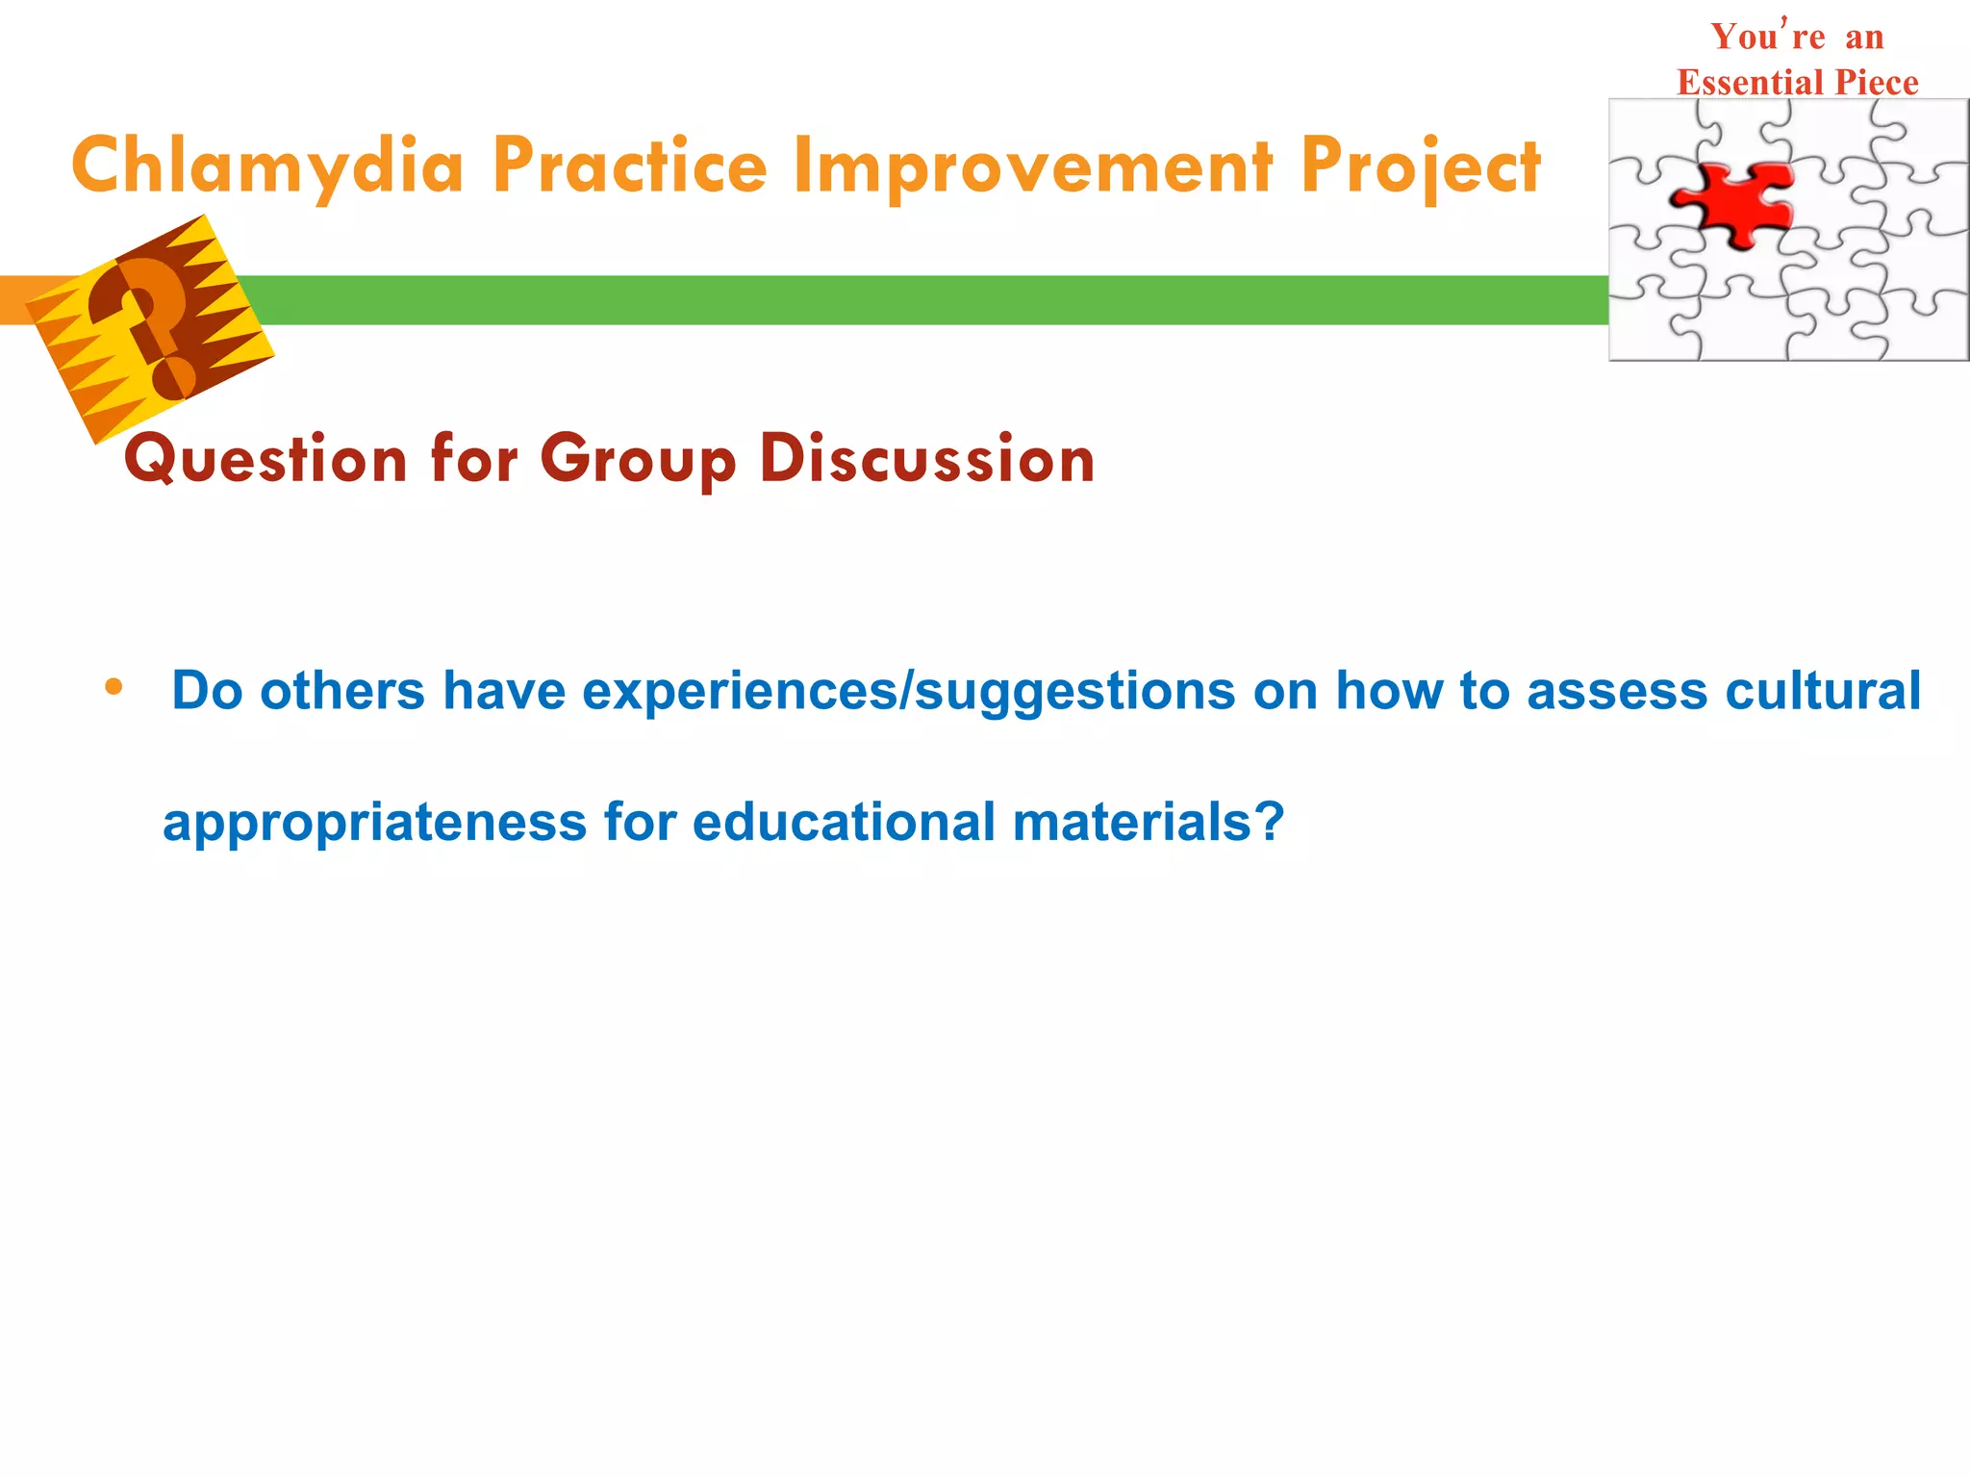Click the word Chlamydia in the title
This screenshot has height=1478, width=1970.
pyautogui.click(x=267, y=166)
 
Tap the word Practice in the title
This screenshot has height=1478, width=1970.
pyautogui.click(x=629, y=166)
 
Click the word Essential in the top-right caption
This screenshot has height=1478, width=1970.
pyautogui.click(x=1753, y=83)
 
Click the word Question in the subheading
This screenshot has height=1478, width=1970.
pyautogui.click(x=265, y=459)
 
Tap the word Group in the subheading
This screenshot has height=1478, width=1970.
pyautogui.click(x=638, y=459)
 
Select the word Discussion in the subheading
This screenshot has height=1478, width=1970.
pyautogui.click(x=927, y=459)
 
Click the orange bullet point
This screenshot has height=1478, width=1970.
pyautogui.click(x=114, y=687)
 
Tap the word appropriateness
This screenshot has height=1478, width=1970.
pyautogui.click(x=374, y=824)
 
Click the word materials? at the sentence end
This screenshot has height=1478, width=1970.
pyautogui.click(x=1149, y=823)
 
